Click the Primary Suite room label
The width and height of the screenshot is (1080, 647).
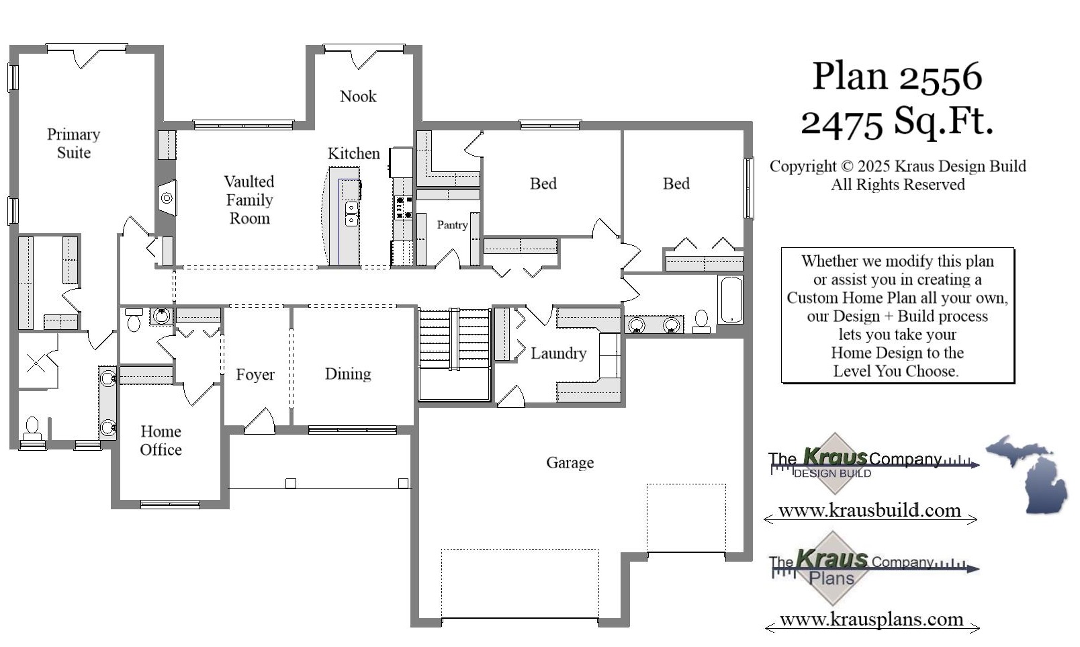click(74, 143)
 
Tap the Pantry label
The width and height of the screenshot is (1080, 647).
click(452, 225)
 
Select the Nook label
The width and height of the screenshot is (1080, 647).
click(358, 97)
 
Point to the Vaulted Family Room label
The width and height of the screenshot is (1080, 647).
click(249, 200)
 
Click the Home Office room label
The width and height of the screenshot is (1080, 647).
click(161, 440)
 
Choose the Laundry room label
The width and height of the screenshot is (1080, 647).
click(558, 353)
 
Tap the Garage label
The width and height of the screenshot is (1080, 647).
click(570, 462)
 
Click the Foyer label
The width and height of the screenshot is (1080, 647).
click(255, 375)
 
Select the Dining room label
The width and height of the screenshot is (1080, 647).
click(348, 374)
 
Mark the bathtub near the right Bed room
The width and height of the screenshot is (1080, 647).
click(730, 300)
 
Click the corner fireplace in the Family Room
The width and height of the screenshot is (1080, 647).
click(167, 198)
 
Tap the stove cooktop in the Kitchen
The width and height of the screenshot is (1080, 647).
click(403, 207)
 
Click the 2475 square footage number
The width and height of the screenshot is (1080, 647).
click(842, 123)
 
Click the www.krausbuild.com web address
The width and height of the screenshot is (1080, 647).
click(870, 511)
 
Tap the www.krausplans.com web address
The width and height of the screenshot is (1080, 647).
click(871, 619)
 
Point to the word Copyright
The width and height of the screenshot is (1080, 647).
click(803, 167)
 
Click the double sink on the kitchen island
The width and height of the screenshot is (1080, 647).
click(351, 214)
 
